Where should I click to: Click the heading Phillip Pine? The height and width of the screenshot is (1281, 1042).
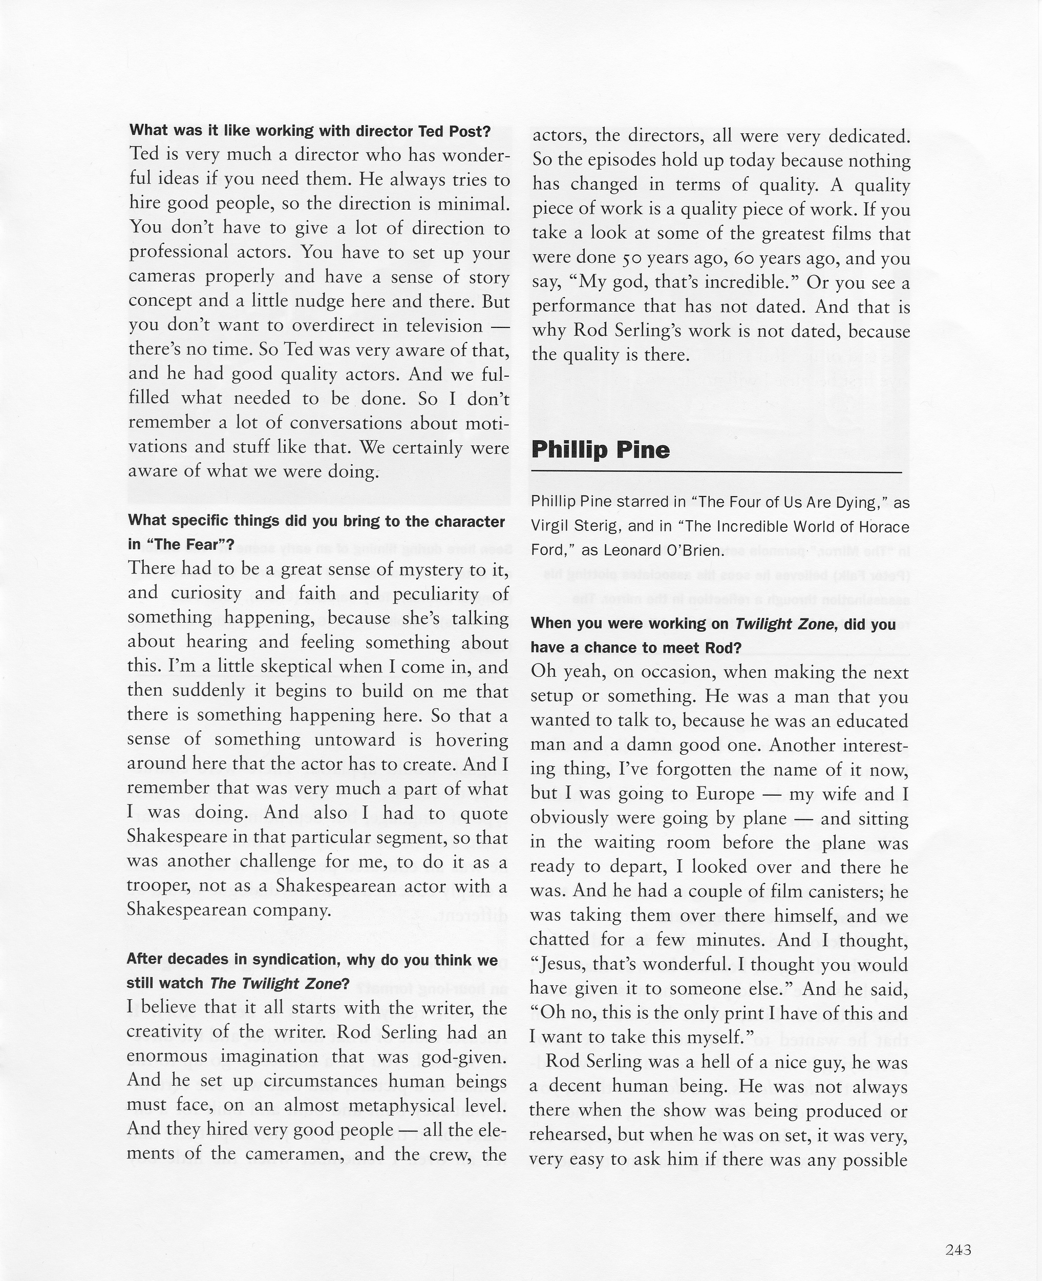point(600,450)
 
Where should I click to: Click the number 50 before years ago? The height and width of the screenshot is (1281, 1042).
point(631,258)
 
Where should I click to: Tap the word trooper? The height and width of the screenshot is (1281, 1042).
point(158,886)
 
